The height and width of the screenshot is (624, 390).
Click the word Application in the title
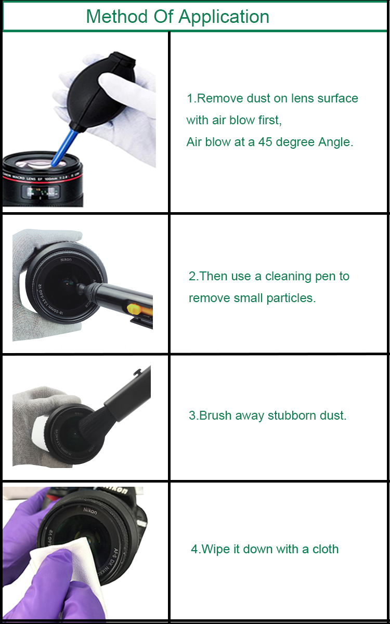[x=225, y=17]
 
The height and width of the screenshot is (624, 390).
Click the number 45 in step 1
[x=265, y=142]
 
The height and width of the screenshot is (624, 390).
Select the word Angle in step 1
[x=335, y=142]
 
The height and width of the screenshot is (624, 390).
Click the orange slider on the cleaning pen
[x=136, y=310]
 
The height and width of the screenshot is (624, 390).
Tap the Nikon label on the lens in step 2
[x=66, y=259]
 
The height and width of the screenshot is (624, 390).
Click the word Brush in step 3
[x=216, y=415]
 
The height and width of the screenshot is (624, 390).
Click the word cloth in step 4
[x=326, y=549]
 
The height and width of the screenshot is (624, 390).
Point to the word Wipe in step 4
[x=214, y=549]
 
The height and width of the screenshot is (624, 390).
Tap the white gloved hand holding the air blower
[x=133, y=104]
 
